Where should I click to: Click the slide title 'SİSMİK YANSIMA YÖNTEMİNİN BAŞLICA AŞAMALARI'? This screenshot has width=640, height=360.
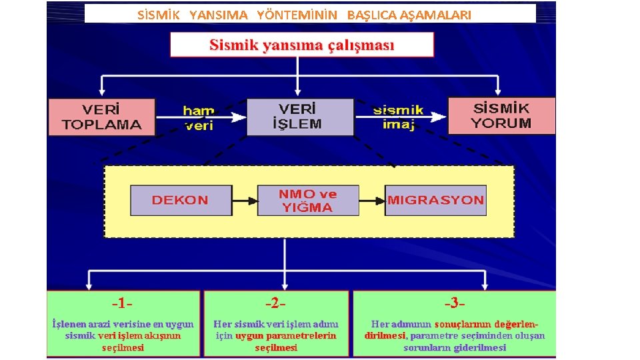303,15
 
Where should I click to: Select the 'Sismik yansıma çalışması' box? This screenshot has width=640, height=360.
301,45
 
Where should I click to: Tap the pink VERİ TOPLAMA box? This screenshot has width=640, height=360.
101,117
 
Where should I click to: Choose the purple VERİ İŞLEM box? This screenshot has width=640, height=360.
300,117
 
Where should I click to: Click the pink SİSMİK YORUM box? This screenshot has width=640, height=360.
501,115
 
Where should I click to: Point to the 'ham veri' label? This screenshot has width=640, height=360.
199,117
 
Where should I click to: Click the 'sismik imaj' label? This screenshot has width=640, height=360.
399,117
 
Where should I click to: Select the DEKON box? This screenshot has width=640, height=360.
181,200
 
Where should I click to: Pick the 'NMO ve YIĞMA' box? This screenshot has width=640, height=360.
307,200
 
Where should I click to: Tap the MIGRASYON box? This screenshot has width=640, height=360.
435,200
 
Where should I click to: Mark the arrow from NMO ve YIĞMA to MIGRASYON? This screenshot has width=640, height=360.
372,200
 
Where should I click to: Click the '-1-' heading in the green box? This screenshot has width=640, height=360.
122,304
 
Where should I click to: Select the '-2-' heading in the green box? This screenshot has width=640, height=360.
275,304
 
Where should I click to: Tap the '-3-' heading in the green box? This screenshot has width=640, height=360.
454,304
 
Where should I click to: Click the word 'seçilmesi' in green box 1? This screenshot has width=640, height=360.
123,347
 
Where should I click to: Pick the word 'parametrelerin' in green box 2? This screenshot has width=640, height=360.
304,336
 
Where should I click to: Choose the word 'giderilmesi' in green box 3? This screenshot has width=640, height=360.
480,347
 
